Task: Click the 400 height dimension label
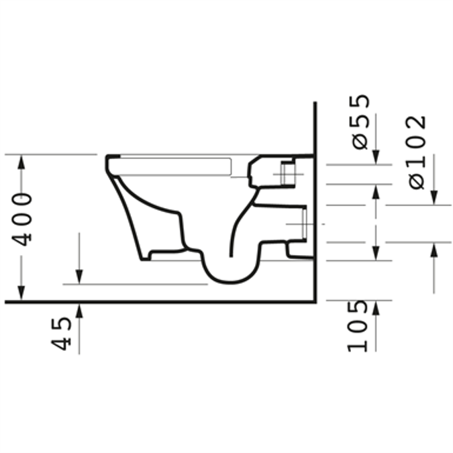(x=22, y=219)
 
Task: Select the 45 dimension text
(x=62, y=334)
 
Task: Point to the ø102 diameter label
(x=417, y=152)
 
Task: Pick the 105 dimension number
(x=359, y=326)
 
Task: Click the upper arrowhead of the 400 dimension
(x=22, y=162)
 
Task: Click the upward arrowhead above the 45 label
(x=79, y=309)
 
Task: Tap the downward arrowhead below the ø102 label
(x=434, y=197)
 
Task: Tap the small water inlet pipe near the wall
(x=289, y=174)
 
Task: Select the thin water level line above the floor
(x=134, y=284)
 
